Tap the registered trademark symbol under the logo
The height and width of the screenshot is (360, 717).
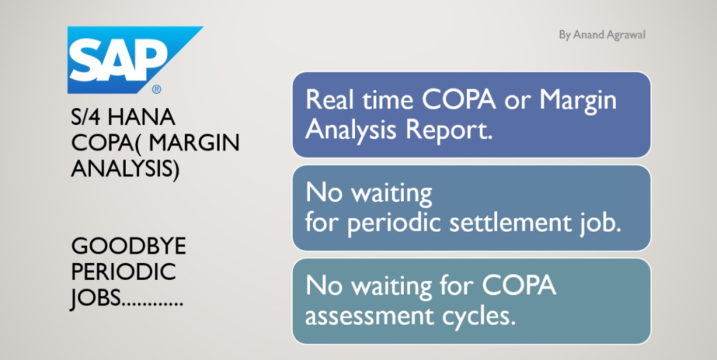(x=156, y=89)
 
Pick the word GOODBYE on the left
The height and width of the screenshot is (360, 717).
(x=129, y=247)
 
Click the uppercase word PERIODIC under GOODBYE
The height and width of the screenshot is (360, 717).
(x=123, y=272)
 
